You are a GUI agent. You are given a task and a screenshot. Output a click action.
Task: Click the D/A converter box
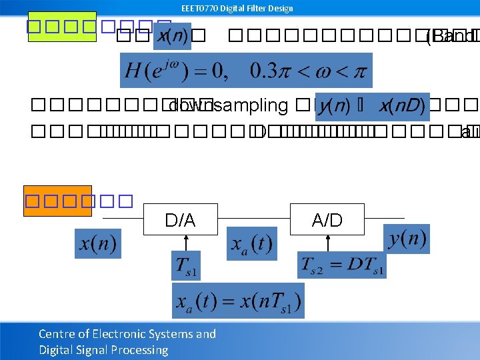tap(180, 219)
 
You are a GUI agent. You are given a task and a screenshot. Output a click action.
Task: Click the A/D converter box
tap(327, 219)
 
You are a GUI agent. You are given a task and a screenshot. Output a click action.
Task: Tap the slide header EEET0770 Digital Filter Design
tap(237, 8)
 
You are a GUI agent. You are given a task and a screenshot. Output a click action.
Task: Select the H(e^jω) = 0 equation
tap(246, 70)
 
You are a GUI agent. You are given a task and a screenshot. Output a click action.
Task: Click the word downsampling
tap(229, 106)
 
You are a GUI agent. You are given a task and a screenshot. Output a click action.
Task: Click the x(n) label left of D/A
tap(97, 243)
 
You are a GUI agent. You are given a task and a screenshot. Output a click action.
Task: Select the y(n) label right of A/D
tap(407, 239)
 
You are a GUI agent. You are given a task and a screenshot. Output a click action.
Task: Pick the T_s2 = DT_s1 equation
tap(341, 266)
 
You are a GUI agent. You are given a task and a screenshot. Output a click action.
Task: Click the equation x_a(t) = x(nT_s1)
tap(238, 301)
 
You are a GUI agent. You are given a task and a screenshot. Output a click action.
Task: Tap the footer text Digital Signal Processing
tap(103, 350)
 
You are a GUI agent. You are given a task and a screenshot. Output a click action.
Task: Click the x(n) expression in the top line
tap(172, 37)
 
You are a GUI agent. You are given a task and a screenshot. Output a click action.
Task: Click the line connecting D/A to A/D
tap(253, 218)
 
